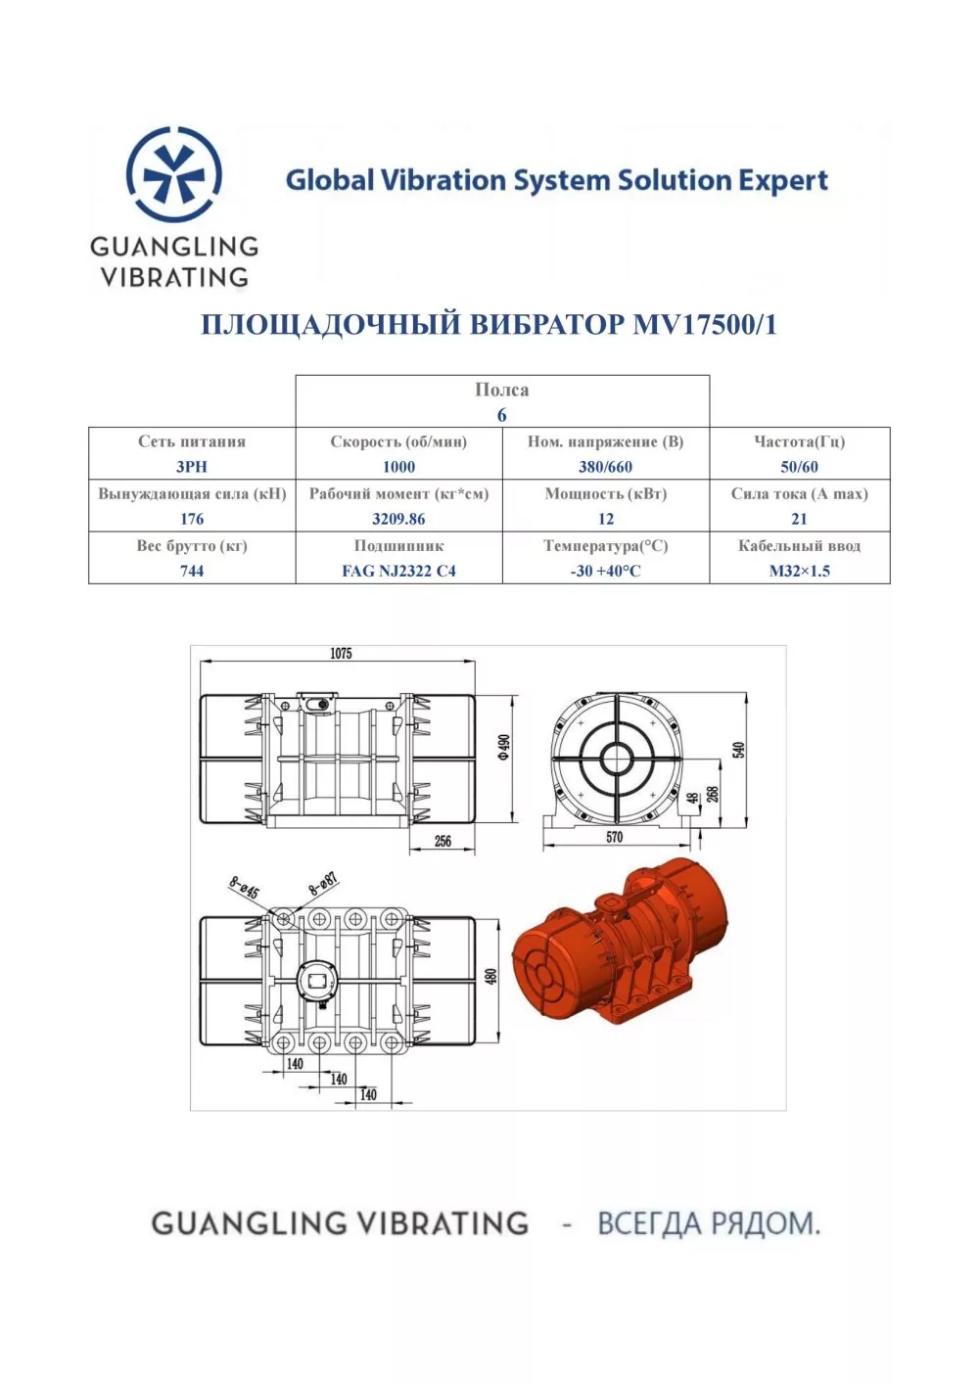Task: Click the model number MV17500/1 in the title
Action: [705, 325]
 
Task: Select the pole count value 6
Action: [502, 415]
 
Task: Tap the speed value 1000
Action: [398, 467]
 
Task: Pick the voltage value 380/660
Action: [605, 467]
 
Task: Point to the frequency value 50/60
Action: [799, 467]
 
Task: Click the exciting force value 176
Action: [192, 519]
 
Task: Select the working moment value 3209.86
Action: [398, 519]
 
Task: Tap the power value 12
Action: [606, 519]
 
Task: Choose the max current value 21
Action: [799, 519]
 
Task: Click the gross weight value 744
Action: [192, 571]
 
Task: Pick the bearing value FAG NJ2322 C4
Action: [398, 571]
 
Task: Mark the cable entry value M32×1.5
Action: [799, 571]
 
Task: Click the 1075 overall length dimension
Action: [341, 653]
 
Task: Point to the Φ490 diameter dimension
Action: [504, 747]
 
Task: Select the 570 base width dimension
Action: [614, 837]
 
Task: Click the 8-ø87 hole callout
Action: [323, 885]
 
